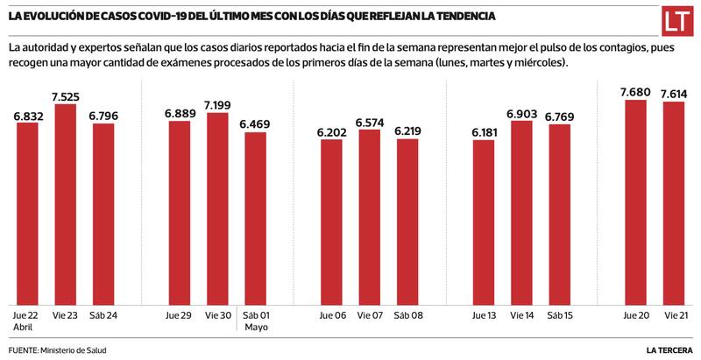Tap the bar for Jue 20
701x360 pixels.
[x=635, y=202]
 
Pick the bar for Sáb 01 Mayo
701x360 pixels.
[x=255, y=218]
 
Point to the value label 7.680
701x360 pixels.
[x=635, y=92]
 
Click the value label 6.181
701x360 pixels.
[x=483, y=132]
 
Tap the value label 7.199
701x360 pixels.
[x=217, y=105]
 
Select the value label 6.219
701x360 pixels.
[x=407, y=131]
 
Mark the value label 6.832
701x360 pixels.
[x=28, y=115]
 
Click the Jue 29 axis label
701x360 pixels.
[x=179, y=315]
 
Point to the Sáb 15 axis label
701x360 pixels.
[x=560, y=315]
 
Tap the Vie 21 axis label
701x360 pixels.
[x=674, y=315]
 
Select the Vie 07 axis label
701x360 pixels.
[x=369, y=315]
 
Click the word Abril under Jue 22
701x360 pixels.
[x=24, y=328]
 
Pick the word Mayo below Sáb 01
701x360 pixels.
[x=255, y=328]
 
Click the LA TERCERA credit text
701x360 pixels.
[x=670, y=350]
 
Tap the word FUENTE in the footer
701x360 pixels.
[x=22, y=350]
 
